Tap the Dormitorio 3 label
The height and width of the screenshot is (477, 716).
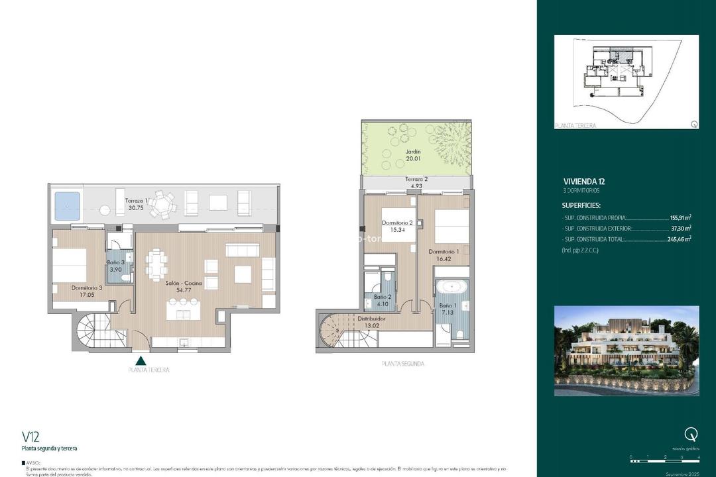coord(87,288)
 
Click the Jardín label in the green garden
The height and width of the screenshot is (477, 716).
coord(395,152)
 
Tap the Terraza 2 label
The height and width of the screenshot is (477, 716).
coord(416,180)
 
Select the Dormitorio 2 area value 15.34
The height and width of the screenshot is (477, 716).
coord(397,230)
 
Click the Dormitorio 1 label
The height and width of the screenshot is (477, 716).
coord(443,252)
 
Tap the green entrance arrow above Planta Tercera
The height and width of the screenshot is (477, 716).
coord(141,361)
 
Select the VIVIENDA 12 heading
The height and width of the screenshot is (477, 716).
coord(583,181)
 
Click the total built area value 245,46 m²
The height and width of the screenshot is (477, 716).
coord(679,239)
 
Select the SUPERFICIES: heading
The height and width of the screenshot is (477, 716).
coord(581,205)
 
